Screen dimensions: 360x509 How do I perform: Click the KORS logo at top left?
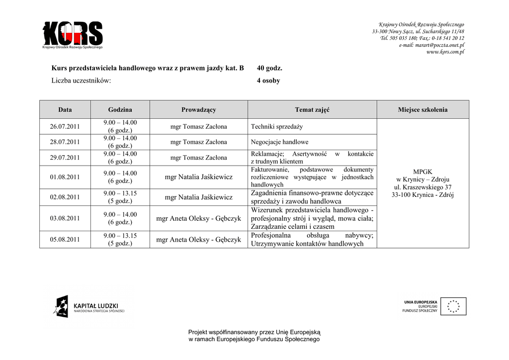[x=73, y=35]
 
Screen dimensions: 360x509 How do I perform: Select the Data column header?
[x=65, y=109]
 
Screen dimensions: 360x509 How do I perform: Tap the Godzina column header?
[x=120, y=109]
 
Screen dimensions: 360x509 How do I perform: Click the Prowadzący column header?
[x=198, y=109]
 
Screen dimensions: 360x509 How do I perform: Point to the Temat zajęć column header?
[x=312, y=109]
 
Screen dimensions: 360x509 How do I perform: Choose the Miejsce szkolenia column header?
[x=423, y=109]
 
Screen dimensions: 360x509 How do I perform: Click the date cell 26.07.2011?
[x=65, y=126]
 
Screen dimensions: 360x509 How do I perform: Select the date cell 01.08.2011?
[x=65, y=177]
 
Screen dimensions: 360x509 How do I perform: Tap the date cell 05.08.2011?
[x=65, y=240]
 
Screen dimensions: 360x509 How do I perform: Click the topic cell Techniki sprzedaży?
[x=277, y=127]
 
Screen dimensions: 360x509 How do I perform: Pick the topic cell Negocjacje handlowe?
[x=279, y=142]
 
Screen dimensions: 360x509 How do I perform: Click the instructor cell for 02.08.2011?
[x=198, y=197]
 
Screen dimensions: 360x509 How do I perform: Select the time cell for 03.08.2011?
[x=120, y=218]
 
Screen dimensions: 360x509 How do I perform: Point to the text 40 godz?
[x=269, y=68]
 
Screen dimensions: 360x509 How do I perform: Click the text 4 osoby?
[x=268, y=81]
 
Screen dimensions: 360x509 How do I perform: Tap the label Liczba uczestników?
[x=81, y=81]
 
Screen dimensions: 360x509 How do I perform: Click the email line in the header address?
[x=431, y=45]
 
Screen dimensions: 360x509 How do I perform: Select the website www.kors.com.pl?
[x=445, y=52]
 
